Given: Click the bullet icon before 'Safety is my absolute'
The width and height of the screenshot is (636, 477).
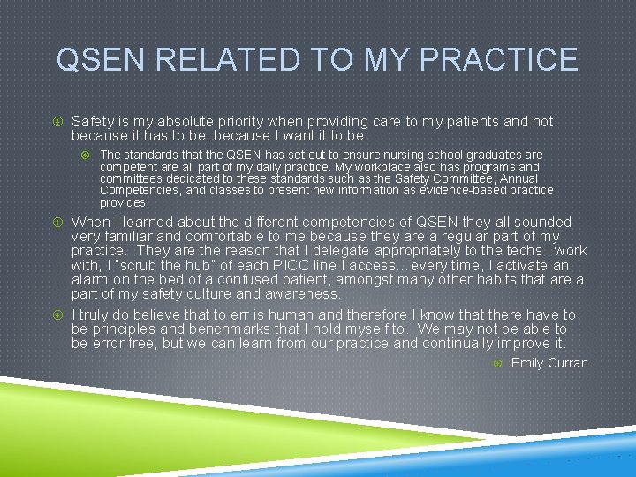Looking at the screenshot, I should click(x=58, y=122).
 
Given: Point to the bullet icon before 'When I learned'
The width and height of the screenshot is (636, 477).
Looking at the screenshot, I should click(x=58, y=223).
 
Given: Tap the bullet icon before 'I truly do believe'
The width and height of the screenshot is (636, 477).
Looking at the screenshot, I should click(x=58, y=315).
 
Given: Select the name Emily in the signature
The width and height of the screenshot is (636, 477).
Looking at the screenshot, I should click(x=527, y=363).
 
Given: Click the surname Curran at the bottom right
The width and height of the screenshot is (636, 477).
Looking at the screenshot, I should click(x=568, y=363).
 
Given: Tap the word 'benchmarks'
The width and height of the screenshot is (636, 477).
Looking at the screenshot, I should click(x=231, y=329).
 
